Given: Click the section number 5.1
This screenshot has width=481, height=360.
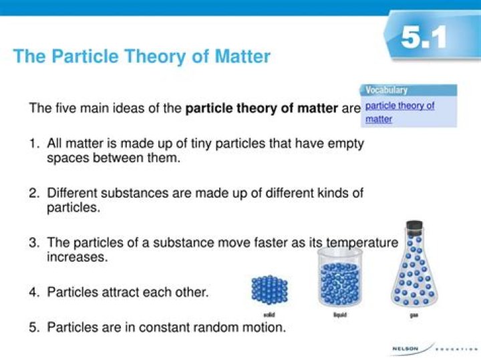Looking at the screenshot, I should [424, 38].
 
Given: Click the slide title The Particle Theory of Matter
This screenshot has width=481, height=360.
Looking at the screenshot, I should [142, 56].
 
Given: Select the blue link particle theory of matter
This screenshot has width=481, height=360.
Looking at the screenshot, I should [399, 112].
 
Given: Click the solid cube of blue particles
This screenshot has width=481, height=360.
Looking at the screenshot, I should [269, 290].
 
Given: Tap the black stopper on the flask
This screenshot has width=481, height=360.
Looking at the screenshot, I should [414, 226].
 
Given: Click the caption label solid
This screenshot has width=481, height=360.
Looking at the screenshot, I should [269, 315].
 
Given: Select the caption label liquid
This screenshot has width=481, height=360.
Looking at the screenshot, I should [339, 315].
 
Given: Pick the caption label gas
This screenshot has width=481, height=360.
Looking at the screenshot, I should [414, 315].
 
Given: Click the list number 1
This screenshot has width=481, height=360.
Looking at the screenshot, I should [33, 144].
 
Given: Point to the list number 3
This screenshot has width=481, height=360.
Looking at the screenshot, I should [33, 243].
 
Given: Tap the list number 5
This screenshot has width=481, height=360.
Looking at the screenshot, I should [33, 327].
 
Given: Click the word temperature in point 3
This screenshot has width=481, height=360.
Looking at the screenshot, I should [361, 243].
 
